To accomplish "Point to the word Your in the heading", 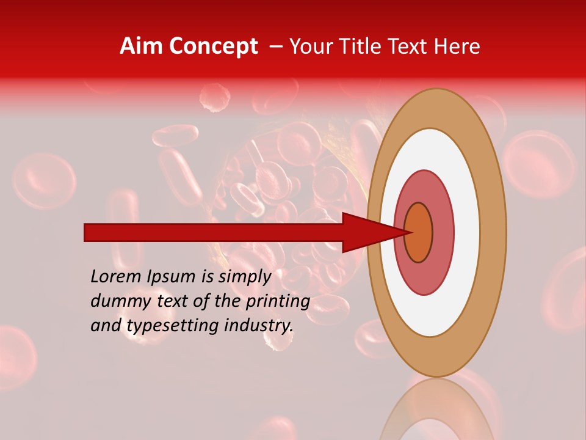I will pyautogui.click(x=311, y=46).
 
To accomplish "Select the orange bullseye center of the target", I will pyautogui.click(x=419, y=233).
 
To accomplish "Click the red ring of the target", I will pyautogui.click(x=442, y=233).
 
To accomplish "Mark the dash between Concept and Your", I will pyautogui.click(x=275, y=46).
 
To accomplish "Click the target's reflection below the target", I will pyautogui.click(x=436, y=409).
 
